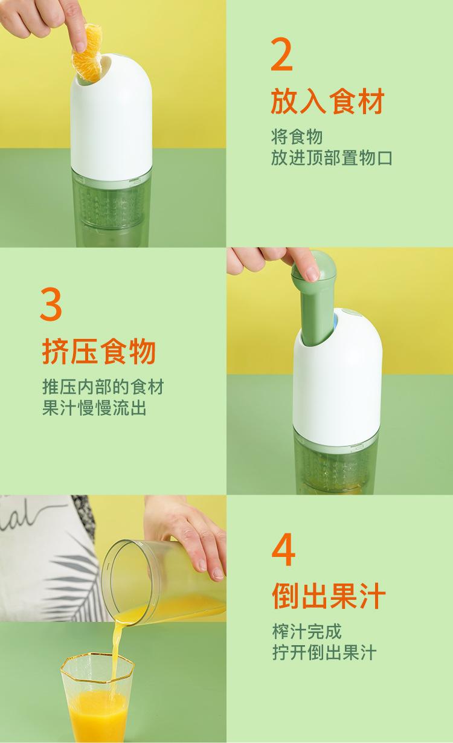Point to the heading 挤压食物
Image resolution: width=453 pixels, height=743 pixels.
[x=99, y=352]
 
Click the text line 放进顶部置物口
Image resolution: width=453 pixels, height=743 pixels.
[x=332, y=158]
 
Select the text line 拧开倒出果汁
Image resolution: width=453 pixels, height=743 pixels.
[x=324, y=653]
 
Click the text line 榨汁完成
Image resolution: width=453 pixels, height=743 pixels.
[x=307, y=632]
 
